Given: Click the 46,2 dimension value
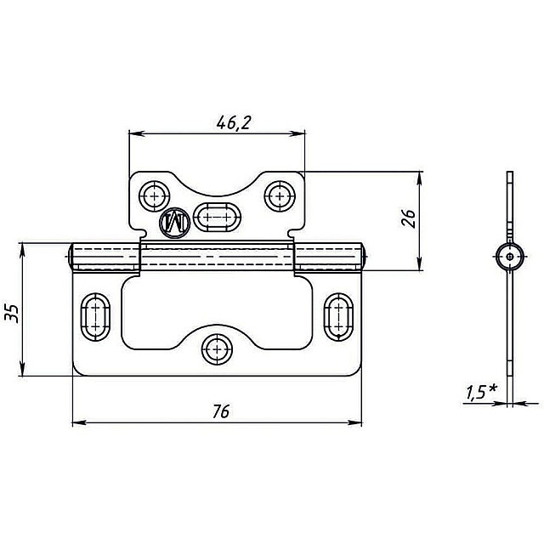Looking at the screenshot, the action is (x=233, y=123).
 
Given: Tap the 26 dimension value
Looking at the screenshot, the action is (x=409, y=218).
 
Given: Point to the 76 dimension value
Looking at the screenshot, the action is (x=221, y=411).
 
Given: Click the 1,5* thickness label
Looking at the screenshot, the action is (x=481, y=393).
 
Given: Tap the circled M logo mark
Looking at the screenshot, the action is (x=174, y=224).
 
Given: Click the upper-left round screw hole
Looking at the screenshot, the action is (x=154, y=196).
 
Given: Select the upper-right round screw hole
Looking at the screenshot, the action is (x=280, y=196).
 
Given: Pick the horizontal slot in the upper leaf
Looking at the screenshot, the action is (x=217, y=218).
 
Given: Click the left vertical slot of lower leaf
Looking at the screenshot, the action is (x=95, y=317).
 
